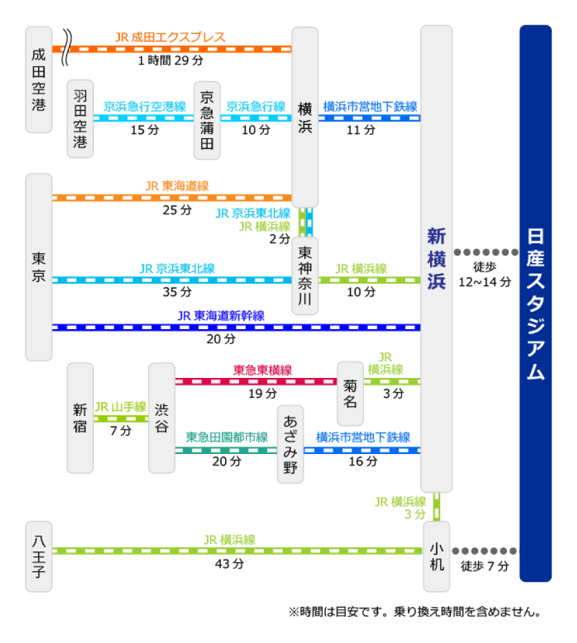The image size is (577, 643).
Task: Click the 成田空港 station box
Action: coord(39,79)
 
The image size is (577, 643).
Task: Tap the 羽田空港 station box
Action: coord(80,118)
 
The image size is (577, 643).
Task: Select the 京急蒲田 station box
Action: coord(207,120)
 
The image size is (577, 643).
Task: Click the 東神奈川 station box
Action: coord(305,276)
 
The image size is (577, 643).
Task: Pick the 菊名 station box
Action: coord(350,394)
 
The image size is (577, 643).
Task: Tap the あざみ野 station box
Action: coord(291,444)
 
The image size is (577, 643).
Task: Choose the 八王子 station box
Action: coord(39,556)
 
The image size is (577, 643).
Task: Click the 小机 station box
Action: coord(436,556)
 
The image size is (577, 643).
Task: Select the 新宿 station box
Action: coord(80,418)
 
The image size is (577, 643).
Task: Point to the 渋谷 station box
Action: coord(162,418)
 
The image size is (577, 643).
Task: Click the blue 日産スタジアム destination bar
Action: coord(536,303)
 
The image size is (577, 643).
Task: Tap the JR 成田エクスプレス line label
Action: coord(170,37)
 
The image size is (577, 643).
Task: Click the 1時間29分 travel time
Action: coord(170,61)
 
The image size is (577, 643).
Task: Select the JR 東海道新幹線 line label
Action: coord(221,316)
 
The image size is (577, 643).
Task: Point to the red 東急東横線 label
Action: coord(262,371)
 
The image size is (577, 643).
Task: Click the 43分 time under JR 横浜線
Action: coord(230,564)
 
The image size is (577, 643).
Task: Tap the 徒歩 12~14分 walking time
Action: coord(485,274)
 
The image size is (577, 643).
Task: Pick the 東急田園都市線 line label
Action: coord(227,437)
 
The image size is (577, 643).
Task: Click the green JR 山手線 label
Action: coord(121,407)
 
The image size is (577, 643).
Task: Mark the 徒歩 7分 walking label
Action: coord(485,566)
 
